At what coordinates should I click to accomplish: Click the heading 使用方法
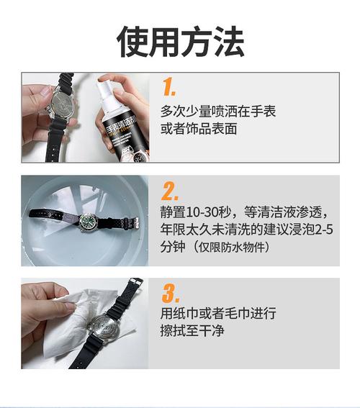[x=180, y=42]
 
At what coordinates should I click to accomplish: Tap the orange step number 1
[x=168, y=86]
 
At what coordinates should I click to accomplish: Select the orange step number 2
[x=169, y=191]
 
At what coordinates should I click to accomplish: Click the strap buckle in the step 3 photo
[x=136, y=281]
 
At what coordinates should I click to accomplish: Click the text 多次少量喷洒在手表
[x=218, y=112]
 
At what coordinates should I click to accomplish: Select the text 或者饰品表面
[x=199, y=129]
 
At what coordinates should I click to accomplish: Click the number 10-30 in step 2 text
[x=208, y=212]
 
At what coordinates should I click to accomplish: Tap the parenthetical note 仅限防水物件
[x=232, y=248]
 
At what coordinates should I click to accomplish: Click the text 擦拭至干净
[x=192, y=331]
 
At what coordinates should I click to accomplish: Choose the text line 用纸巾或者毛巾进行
[x=218, y=313]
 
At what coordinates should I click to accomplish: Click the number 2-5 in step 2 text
[x=323, y=230]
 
